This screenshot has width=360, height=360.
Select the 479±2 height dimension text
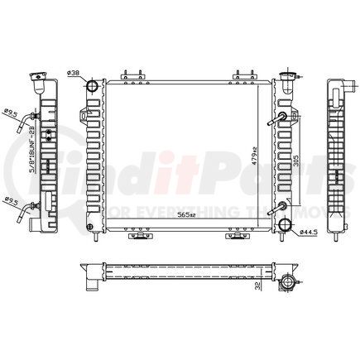257,154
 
